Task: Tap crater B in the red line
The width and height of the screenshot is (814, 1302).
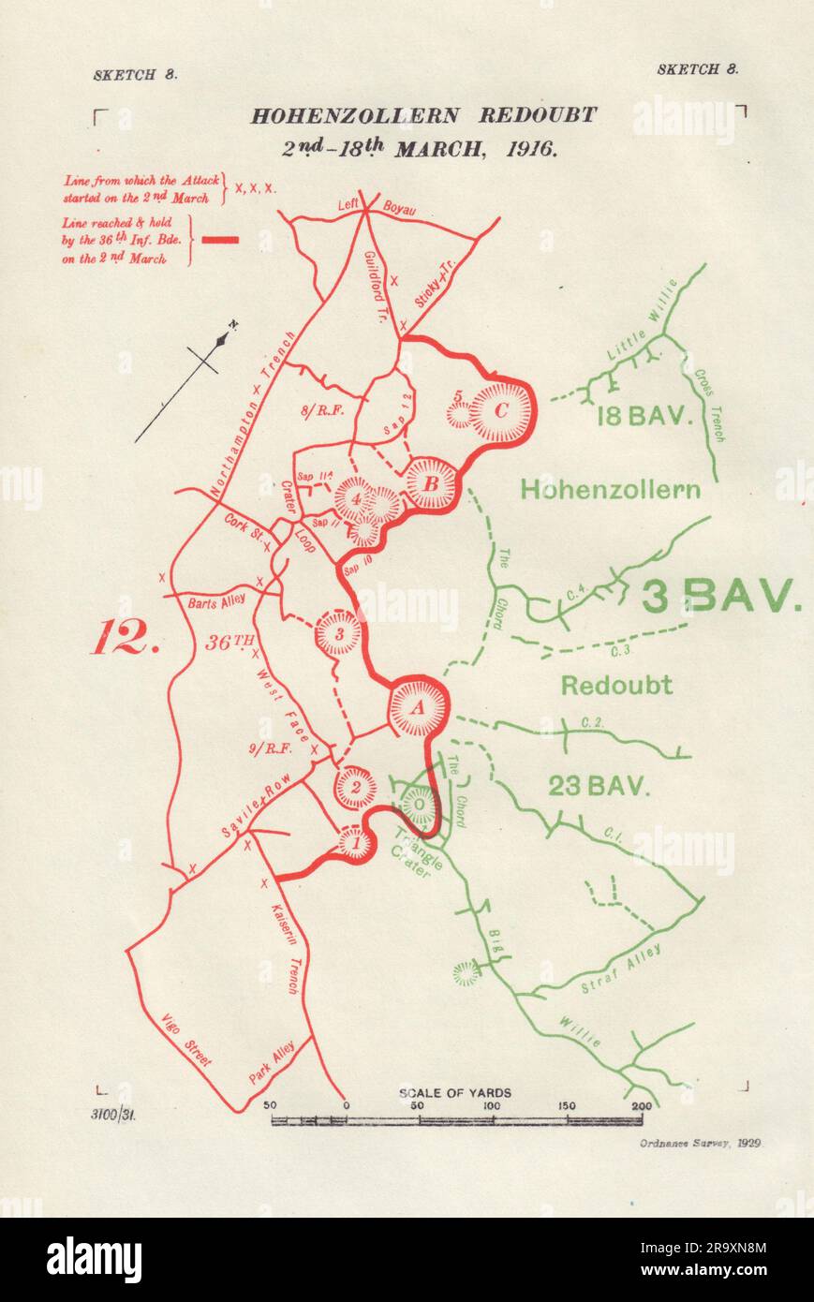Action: pos(432,484)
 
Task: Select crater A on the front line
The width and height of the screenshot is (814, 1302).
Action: pos(417,707)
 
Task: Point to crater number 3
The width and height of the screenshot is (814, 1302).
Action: pos(339,634)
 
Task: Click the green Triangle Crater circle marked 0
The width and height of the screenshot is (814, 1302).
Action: pos(420,803)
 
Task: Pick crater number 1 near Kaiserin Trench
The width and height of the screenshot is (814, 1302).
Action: pos(355,843)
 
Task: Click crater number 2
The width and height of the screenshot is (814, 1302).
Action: pos(356,787)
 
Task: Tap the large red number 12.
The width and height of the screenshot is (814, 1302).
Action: pos(119,639)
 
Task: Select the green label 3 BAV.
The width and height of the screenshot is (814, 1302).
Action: pos(721,595)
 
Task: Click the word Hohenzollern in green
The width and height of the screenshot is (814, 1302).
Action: pos(610,489)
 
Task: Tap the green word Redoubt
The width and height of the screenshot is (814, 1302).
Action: pos(616,685)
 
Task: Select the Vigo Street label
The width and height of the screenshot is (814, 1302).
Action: pos(185,1040)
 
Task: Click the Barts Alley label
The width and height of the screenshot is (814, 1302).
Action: pos(215,603)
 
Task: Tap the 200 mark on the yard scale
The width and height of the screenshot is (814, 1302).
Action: pos(641,1106)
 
